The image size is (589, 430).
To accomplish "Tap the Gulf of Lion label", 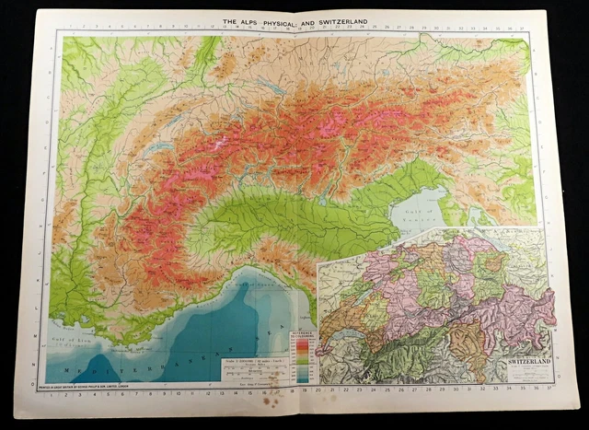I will [x=75, y=341].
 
